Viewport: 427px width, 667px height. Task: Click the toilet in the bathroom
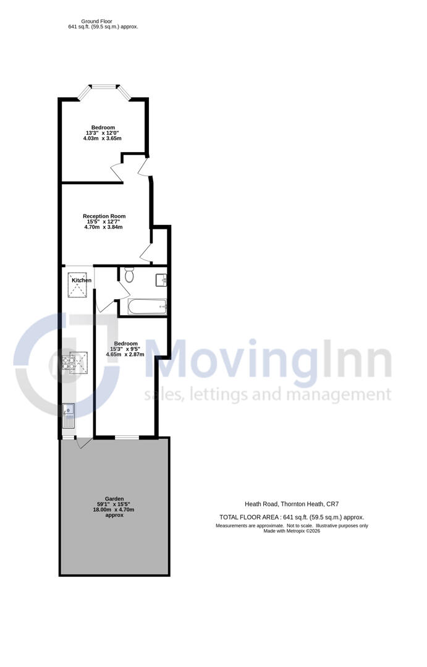click(x=129, y=274)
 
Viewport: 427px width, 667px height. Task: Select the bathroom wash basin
click(x=162, y=280)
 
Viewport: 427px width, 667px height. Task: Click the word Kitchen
click(x=82, y=281)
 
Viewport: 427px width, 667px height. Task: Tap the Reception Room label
click(x=104, y=216)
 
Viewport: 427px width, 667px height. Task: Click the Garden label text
click(x=114, y=499)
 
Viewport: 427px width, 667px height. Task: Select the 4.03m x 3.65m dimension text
click(x=103, y=138)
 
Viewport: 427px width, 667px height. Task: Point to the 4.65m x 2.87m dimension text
click(x=125, y=355)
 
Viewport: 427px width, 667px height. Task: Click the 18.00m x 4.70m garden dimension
click(x=114, y=509)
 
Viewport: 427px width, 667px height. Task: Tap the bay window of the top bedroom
click(x=104, y=90)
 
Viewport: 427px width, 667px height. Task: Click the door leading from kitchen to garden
click(x=83, y=442)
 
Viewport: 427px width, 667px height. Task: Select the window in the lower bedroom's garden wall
click(x=126, y=438)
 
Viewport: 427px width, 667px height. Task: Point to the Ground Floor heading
click(x=103, y=21)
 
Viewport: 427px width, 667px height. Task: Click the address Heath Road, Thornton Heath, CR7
click(x=292, y=504)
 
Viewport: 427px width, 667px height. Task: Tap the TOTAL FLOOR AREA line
click(x=292, y=517)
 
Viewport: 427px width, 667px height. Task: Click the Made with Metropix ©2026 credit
click(x=292, y=531)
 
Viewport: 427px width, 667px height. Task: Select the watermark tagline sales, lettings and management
click(x=267, y=394)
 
